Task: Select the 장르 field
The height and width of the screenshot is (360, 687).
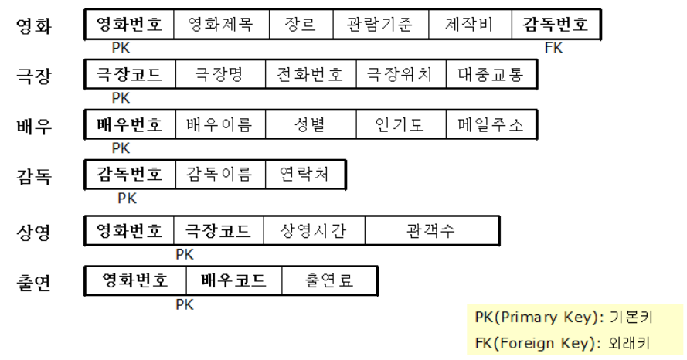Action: [x=300, y=25]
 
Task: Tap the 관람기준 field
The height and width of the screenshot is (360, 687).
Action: [x=379, y=25]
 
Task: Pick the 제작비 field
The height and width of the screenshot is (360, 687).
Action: [x=469, y=25]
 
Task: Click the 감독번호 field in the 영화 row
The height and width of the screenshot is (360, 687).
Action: [x=556, y=25]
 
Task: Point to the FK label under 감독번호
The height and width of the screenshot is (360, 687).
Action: [x=554, y=48]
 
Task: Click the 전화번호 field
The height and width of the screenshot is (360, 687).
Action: [x=310, y=75]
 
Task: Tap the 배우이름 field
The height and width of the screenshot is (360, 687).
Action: [x=219, y=125]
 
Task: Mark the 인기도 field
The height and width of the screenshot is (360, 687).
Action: [x=400, y=125]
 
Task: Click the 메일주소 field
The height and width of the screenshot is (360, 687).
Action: [x=490, y=125]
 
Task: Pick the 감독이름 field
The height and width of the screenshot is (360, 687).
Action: [x=219, y=175]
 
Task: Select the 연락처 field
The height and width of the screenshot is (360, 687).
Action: [x=304, y=175]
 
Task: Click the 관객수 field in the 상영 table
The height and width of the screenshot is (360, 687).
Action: [x=430, y=230]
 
